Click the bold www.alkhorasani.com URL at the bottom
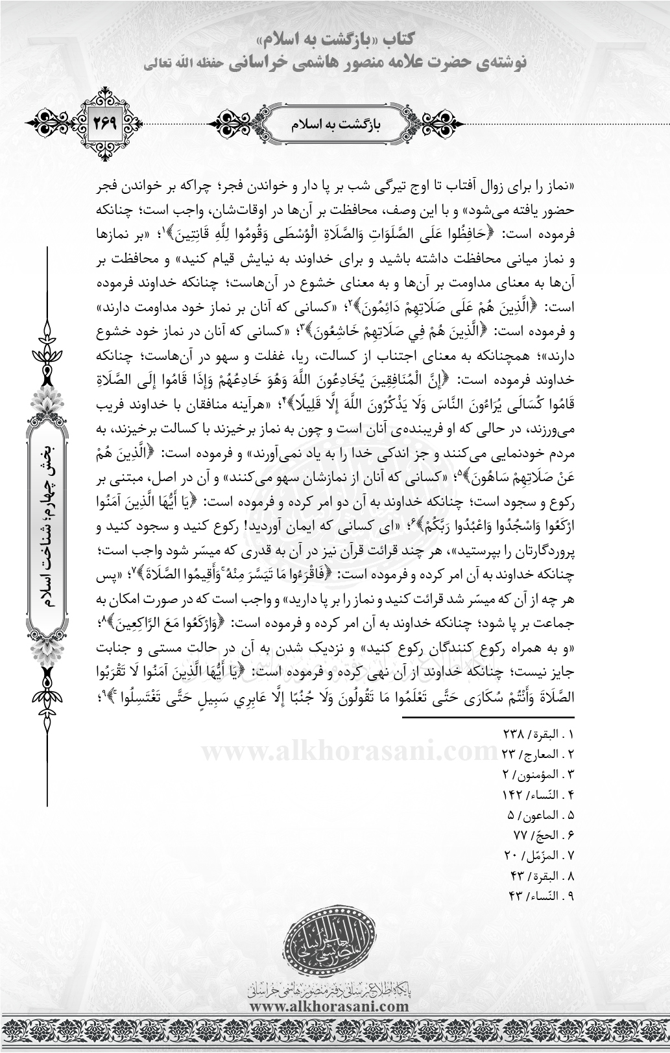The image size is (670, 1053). [x=329, y=1006]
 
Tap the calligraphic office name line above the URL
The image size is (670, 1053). [x=329, y=989]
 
